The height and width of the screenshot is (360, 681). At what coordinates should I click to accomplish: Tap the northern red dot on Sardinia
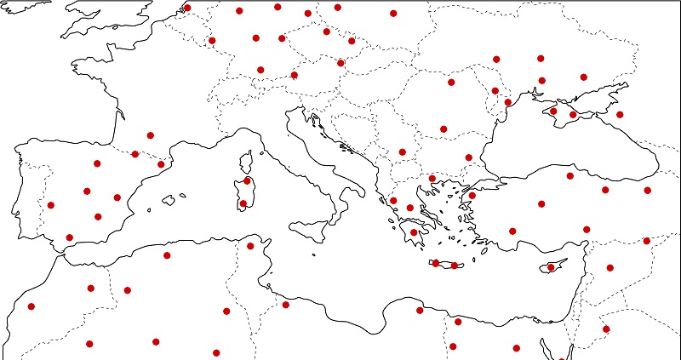tap(247, 180)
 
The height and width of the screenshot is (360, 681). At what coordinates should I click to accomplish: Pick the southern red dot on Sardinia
tap(243, 203)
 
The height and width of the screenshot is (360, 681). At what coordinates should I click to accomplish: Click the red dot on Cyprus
tap(551, 267)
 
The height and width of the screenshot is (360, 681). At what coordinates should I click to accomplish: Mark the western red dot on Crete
tap(436, 264)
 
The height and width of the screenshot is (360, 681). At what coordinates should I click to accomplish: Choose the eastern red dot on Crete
tap(455, 266)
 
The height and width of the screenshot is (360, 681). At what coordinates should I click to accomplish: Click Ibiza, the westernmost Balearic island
tap(149, 209)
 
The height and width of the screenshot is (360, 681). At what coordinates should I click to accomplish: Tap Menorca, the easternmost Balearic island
tap(183, 195)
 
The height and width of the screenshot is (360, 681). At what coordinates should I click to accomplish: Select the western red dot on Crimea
tap(553, 111)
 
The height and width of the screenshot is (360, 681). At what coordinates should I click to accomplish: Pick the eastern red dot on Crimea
tap(573, 115)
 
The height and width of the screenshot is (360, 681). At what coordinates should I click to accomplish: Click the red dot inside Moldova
tap(495, 91)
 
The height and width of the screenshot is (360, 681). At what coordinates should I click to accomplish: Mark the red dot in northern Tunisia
tap(250, 246)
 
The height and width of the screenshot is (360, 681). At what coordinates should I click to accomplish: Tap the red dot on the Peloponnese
tap(414, 232)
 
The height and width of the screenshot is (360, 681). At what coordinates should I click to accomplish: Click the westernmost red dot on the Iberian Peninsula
tap(51, 205)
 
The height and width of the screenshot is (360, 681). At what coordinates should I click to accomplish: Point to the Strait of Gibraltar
tap(61, 251)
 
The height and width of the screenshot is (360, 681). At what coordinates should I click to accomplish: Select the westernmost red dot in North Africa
tap(31, 306)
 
